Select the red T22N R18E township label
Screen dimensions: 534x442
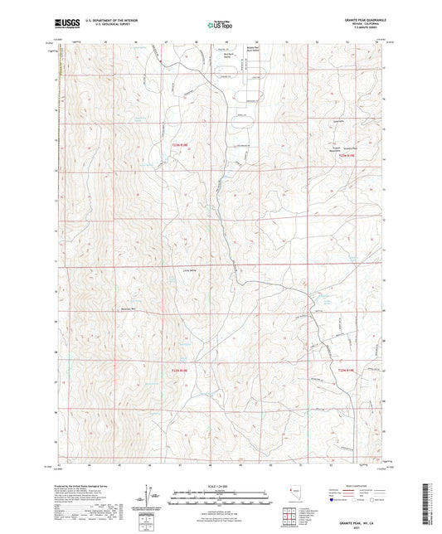coord(181,370)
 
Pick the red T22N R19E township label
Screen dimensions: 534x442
coord(348,370)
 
